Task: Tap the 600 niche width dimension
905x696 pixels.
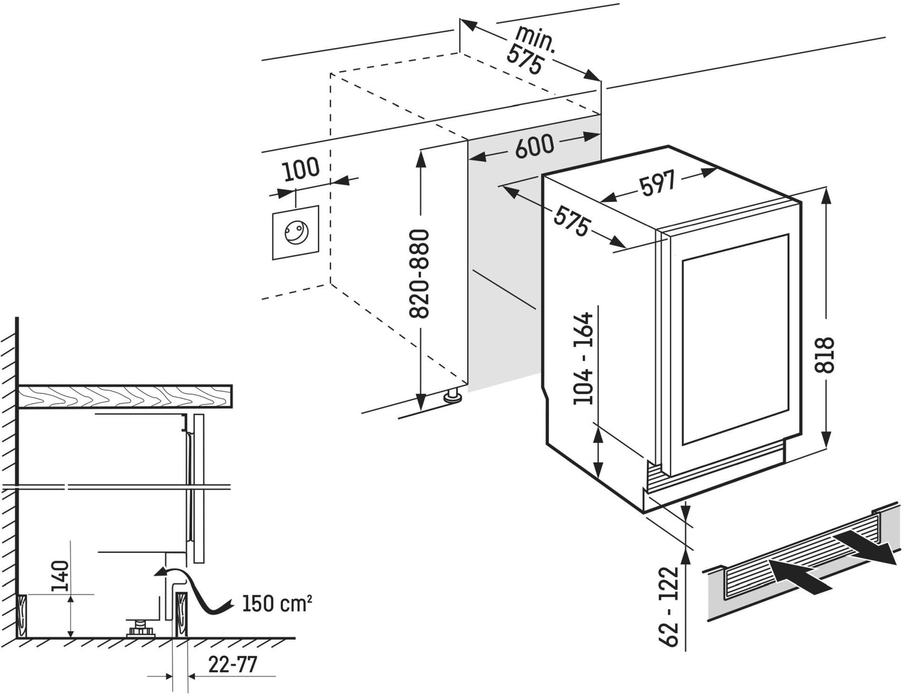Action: [535, 147]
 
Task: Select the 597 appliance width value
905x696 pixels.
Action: [658, 184]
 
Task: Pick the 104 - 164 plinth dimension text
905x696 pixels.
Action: [583, 359]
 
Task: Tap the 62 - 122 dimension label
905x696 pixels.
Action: [670, 606]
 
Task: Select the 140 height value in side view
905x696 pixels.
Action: [61, 576]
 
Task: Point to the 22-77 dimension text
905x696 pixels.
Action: [232, 665]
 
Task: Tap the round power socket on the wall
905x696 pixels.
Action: [296, 232]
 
